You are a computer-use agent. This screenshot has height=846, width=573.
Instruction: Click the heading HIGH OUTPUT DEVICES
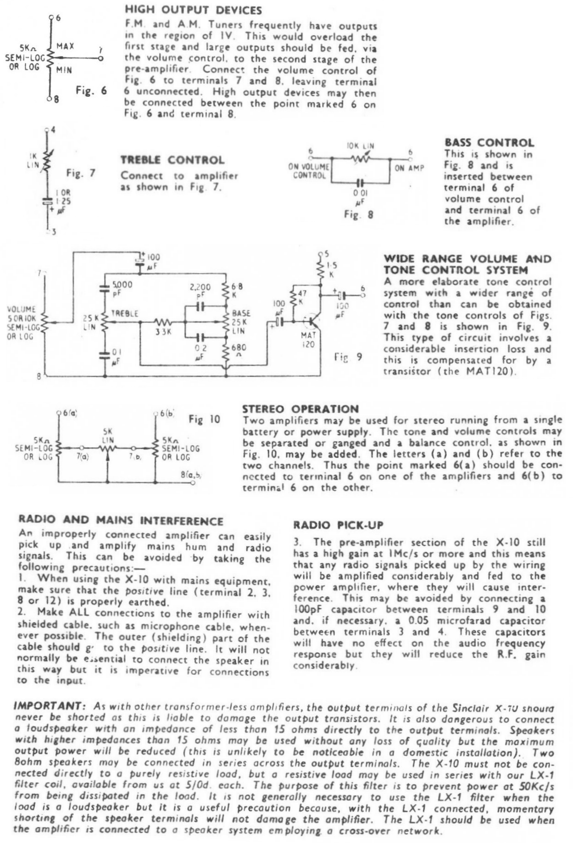pyautogui.click(x=193, y=10)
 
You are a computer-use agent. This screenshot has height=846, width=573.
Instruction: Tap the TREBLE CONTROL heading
pyautogui.click(x=172, y=160)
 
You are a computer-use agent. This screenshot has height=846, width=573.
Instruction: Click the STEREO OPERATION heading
pyautogui.click(x=300, y=409)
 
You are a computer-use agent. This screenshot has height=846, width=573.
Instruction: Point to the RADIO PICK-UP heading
pyautogui.click(x=338, y=525)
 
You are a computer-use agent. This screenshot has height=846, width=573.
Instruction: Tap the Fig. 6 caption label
pyautogui.click(x=91, y=90)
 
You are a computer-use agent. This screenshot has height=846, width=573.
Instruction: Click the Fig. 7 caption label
pyautogui.click(x=81, y=173)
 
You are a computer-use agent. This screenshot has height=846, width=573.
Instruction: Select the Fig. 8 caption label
pyautogui.click(x=359, y=214)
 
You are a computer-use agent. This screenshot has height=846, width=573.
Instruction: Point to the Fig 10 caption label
pyautogui.click(x=204, y=419)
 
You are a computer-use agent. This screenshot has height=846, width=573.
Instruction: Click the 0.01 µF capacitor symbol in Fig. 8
pyautogui.click(x=361, y=182)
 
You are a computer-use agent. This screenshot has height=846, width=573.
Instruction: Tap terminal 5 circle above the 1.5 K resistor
pyautogui.click(x=320, y=253)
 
